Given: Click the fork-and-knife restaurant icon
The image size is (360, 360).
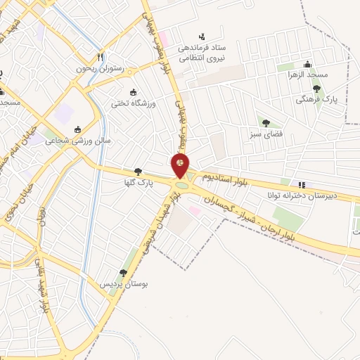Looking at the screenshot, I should click(x=101, y=57).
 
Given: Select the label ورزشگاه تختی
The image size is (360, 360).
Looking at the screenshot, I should click(x=130, y=103).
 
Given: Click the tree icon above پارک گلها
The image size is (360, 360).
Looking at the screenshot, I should click(x=138, y=171).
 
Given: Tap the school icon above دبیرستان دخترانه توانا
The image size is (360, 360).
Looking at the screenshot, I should click(x=303, y=184).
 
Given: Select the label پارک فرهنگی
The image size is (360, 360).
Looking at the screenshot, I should click(x=316, y=101).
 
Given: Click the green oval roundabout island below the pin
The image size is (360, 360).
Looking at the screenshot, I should click(x=183, y=186).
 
